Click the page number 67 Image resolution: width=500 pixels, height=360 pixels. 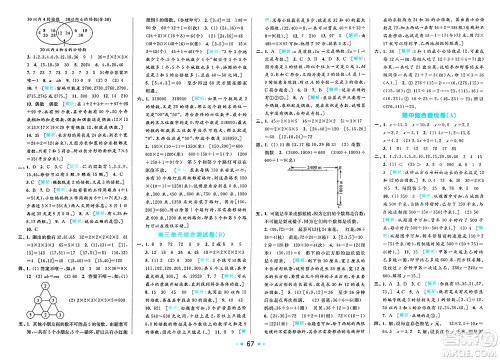[x=249, y=343]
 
